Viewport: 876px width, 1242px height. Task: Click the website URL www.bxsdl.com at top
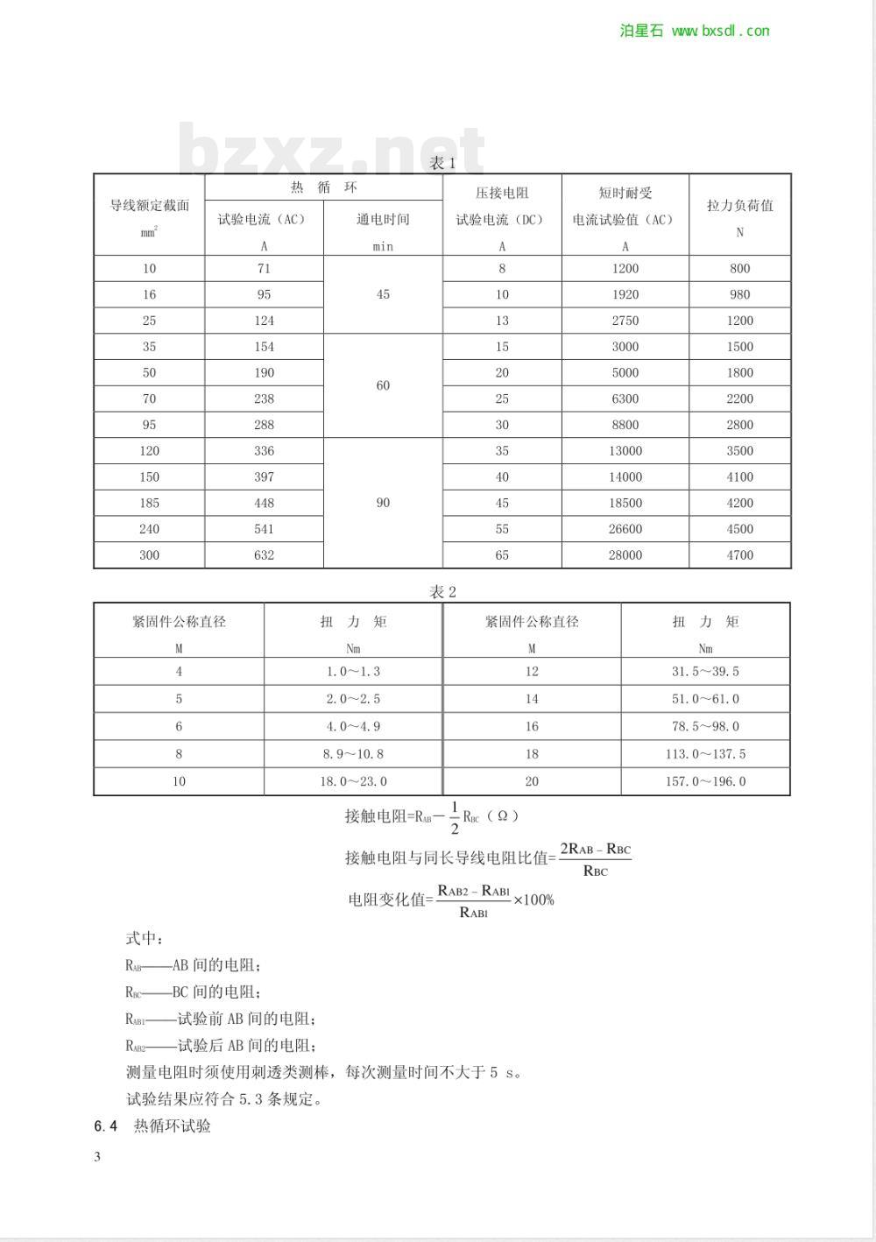pos(720,31)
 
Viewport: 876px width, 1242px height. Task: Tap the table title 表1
pos(442,163)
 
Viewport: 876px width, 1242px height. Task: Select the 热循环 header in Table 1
pos(324,187)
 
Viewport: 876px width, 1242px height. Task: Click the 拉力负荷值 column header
pos(740,206)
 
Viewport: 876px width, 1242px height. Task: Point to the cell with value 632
pos(264,555)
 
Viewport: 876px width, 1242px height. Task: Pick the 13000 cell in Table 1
pos(625,451)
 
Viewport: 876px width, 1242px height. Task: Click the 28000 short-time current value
pos(625,555)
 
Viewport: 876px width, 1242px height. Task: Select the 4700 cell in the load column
pos(740,555)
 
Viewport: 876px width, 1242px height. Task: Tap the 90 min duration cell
pos(383,503)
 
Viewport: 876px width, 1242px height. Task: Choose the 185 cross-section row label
pos(149,503)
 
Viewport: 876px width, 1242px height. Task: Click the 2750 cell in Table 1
pos(625,321)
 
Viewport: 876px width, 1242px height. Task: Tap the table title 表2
pos(442,592)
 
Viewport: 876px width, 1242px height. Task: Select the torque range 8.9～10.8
pos(353,754)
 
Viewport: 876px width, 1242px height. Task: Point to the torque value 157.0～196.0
pos(705,781)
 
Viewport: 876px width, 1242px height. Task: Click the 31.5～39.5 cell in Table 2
pos(705,672)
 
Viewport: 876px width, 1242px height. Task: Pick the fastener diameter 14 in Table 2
pos(532,699)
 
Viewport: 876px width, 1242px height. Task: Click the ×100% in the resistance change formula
pos(533,900)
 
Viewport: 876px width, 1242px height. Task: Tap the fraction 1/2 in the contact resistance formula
pos(455,816)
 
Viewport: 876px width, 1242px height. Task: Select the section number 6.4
pos(105,1126)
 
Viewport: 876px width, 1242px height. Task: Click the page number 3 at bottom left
pos(97,1156)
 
